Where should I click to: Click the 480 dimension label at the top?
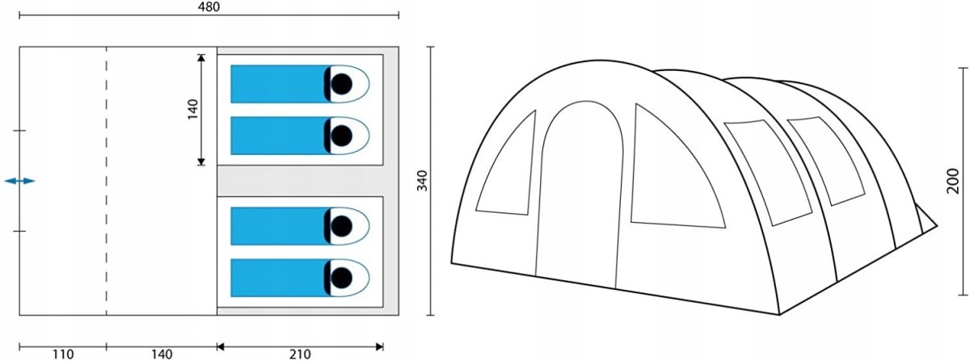pos(209,7)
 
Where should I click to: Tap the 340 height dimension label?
pos(422,181)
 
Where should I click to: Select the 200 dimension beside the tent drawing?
pos(953,181)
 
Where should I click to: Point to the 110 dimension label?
pos(63,354)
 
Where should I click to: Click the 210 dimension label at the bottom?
pos(300,354)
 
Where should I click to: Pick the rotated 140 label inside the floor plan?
pos(193,110)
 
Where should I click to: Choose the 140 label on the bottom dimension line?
pos(162,354)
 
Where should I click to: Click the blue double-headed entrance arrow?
pos(19,181)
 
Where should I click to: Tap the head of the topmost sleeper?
pos(341,84)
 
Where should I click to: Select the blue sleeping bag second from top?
pos(280,136)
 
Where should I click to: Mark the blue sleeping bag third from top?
pos(280,226)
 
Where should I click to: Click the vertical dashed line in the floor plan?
pos(107,181)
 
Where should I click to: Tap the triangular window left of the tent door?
pos(506,163)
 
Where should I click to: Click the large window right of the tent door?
pos(677,166)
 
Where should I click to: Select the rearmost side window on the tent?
pos(826,161)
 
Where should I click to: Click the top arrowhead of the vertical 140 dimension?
pos(201,57)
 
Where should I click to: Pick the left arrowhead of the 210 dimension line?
pos(221,346)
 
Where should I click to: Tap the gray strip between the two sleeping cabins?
pos(300,181)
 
